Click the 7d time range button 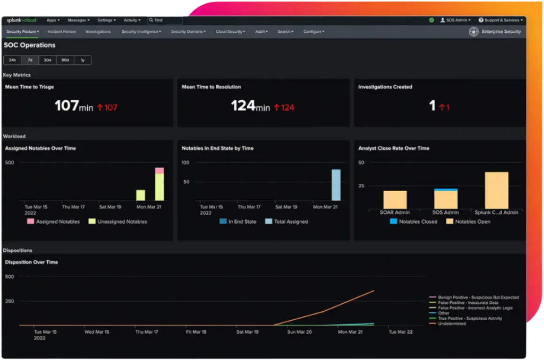point(30,60)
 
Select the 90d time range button point(65,60)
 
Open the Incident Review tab point(61,32)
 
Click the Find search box point(166,20)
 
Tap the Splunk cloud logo point(21,20)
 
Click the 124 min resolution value point(250,106)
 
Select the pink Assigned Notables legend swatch point(30,221)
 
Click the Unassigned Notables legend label point(122,222)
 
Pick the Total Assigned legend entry point(291,222)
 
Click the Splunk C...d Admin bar point(497,190)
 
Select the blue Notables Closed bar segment point(446,190)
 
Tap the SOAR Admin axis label point(395,212)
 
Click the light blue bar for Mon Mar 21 point(336,185)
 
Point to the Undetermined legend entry point(452,323)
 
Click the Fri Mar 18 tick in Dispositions point(196,332)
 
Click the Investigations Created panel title point(385,87)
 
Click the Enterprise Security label point(501,32)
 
